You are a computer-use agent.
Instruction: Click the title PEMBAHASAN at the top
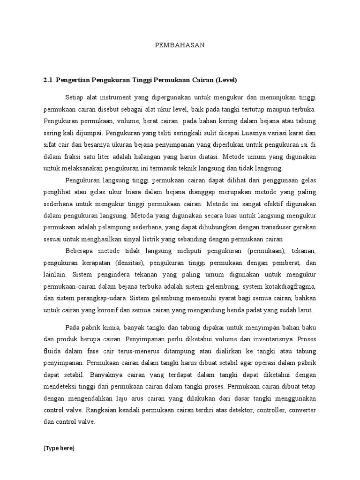click(x=180, y=45)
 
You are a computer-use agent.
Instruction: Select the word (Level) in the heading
click(x=226, y=80)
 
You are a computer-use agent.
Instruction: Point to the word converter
click(x=301, y=410)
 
